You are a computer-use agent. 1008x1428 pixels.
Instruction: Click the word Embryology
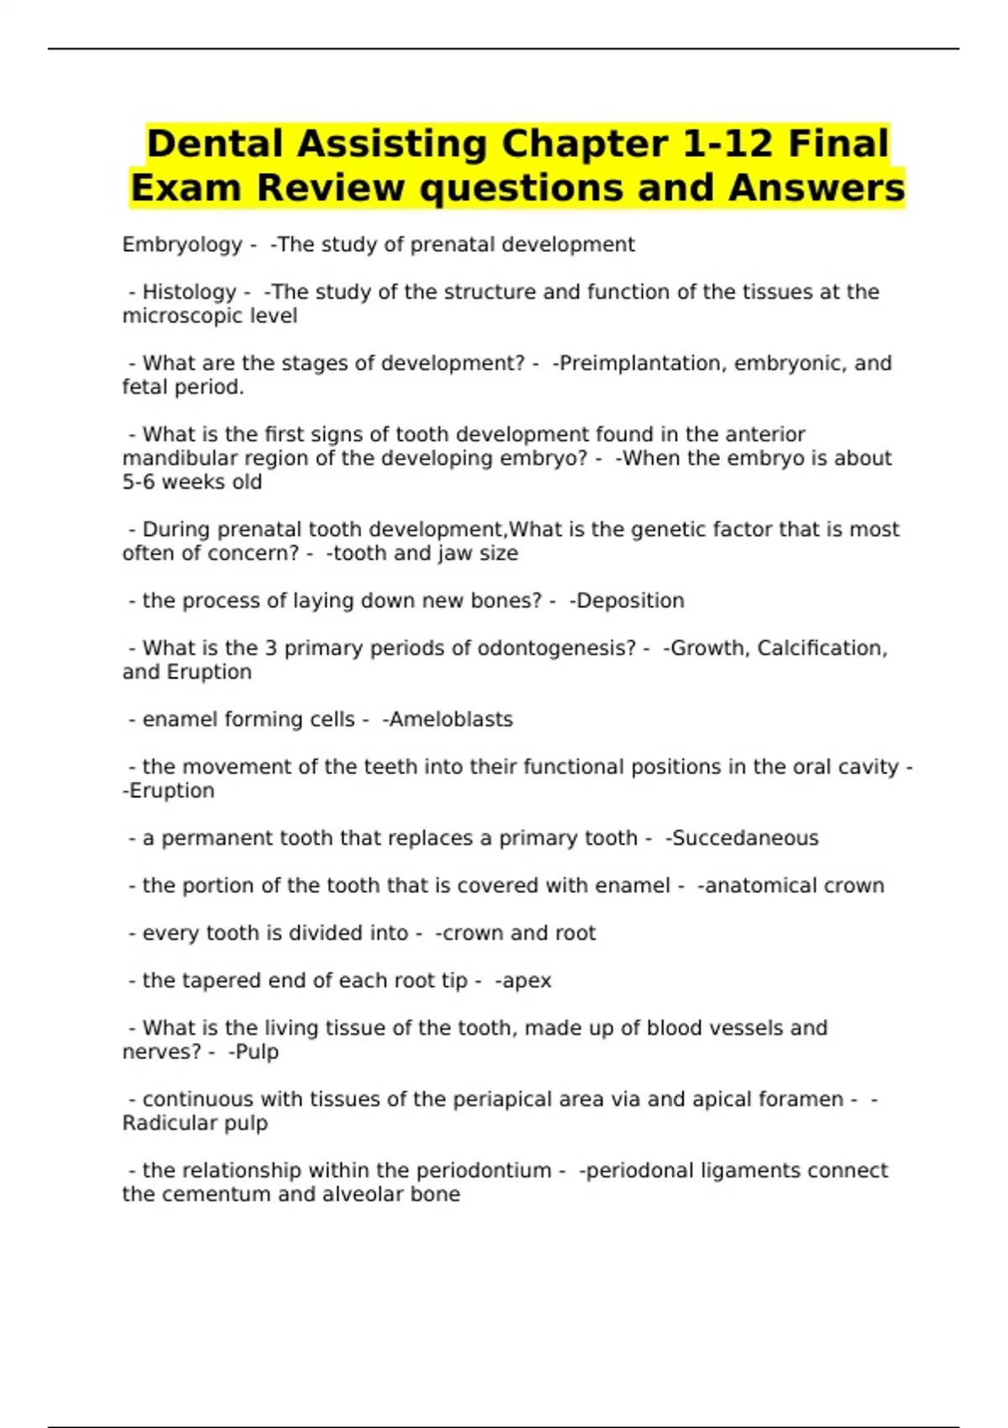click(x=181, y=244)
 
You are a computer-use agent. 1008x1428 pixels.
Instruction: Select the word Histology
click(x=189, y=291)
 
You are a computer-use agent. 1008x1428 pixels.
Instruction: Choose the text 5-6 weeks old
click(x=192, y=482)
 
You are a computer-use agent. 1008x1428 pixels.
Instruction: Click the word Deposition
click(x=630, y=601)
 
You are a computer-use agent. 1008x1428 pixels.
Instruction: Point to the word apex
click(x=526, y=980)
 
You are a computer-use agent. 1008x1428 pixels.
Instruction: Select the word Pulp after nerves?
click(x=257, y=1052)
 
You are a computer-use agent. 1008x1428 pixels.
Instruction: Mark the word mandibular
click(x=180, y=458)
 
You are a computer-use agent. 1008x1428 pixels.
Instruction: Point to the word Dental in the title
click(x=215, y=144)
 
